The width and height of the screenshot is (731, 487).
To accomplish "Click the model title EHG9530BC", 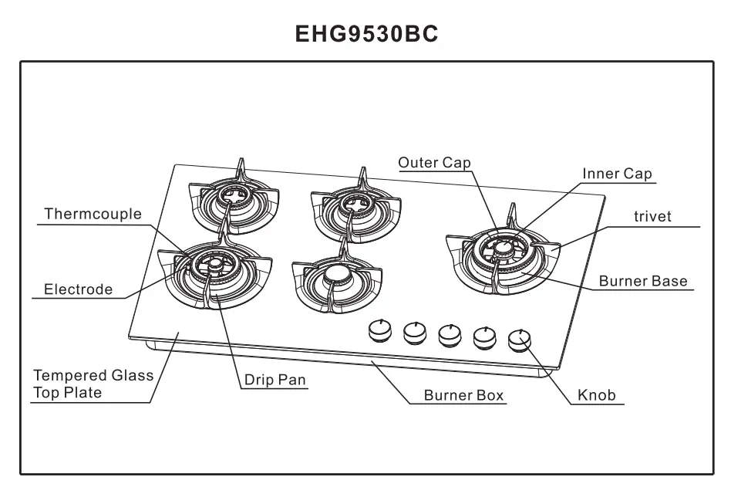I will [x=367, y=34].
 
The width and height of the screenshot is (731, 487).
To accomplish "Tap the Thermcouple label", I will [x=93, y=214].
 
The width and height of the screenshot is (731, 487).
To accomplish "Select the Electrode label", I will [x=78, y=289].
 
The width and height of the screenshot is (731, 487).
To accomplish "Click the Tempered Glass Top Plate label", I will [x=93, y=384].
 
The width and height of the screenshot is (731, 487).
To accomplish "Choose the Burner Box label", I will [x=463, y=395].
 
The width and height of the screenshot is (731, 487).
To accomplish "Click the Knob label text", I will [x=597, y=395].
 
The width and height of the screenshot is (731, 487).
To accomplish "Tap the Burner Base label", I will [x=643, y=281].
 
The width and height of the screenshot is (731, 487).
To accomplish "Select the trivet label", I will [x=652, y=217].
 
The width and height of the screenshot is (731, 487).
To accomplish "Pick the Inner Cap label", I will [x=617, y=174].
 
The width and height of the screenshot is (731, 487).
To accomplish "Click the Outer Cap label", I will [x=434, y=162].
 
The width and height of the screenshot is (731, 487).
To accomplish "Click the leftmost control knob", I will [x=379, y=330].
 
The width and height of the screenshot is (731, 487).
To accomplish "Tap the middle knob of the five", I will [x=450, y=333].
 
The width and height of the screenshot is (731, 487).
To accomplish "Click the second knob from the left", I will [x=414, y=332].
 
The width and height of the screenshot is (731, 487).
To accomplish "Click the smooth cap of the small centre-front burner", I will [x=336, y=274].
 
